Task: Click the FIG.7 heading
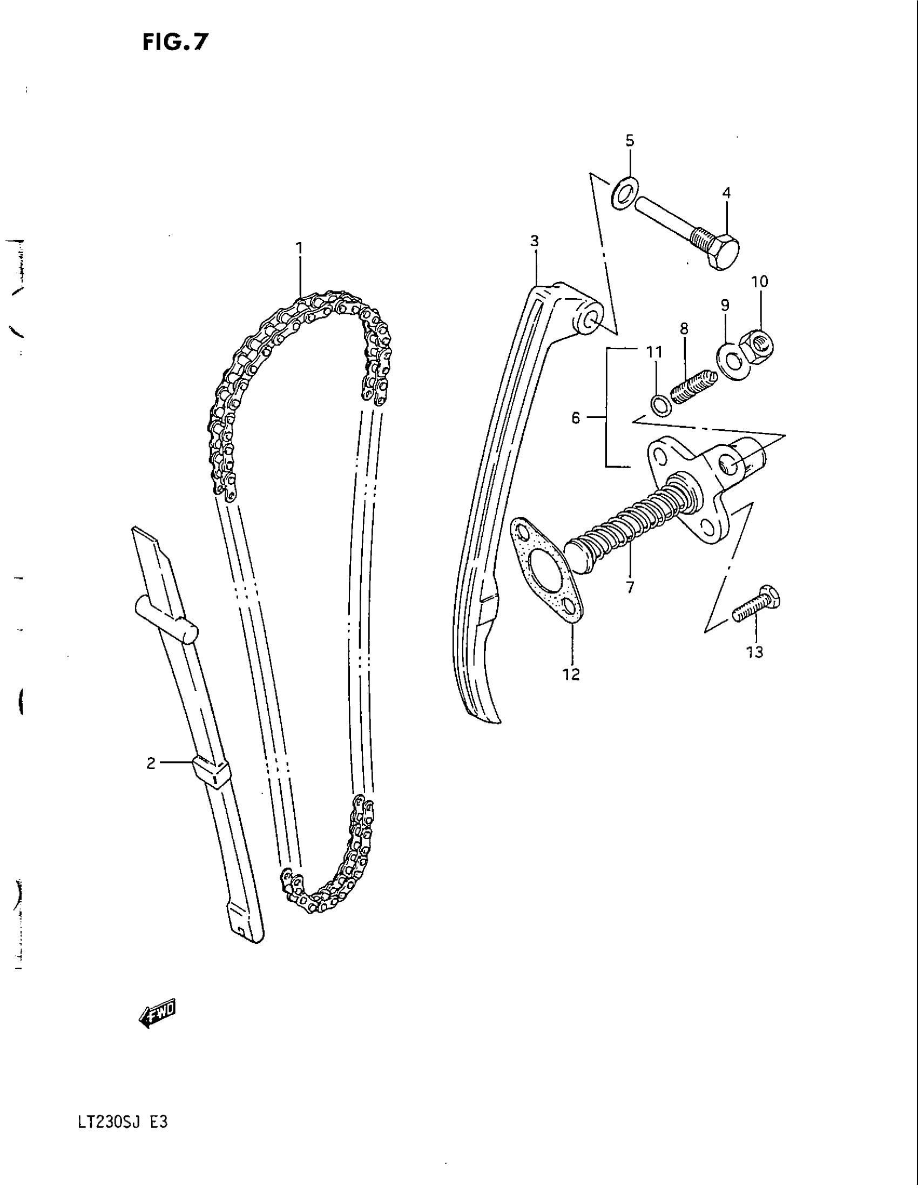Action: (175, 42)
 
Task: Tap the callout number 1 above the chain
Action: (299, 248)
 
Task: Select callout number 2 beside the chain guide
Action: (151, 764)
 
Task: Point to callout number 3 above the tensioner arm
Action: (535, 240)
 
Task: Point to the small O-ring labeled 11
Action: (660, 404)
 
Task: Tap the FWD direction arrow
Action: (159, 1010)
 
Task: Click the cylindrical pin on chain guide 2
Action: (167, 620)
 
